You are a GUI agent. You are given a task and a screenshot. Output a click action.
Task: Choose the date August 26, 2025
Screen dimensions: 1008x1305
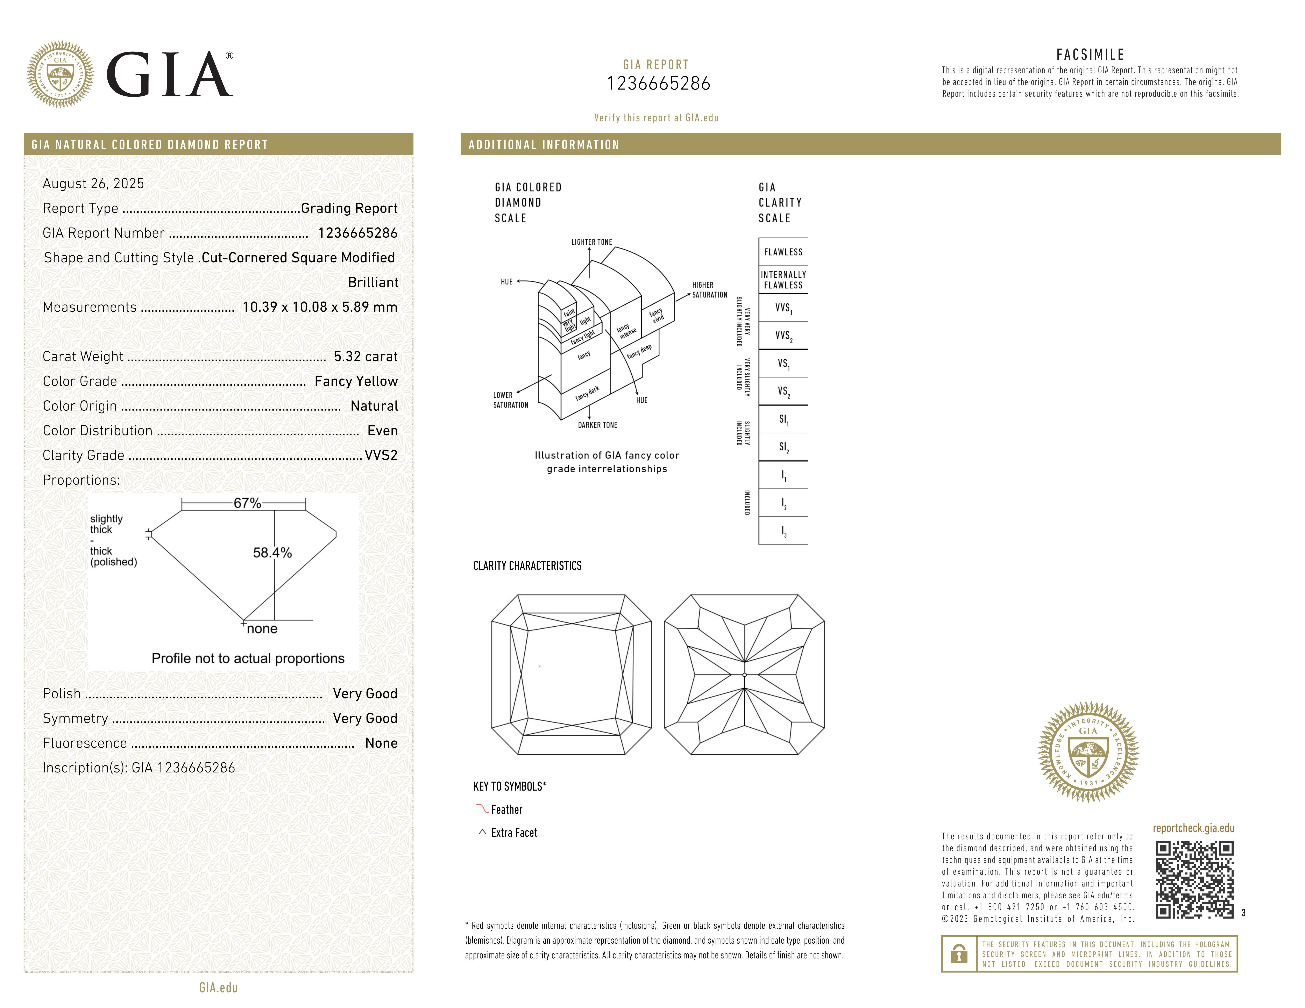[x=93, y=183]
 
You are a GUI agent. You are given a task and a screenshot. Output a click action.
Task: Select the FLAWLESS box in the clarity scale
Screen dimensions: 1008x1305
[x=783, y=252]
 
